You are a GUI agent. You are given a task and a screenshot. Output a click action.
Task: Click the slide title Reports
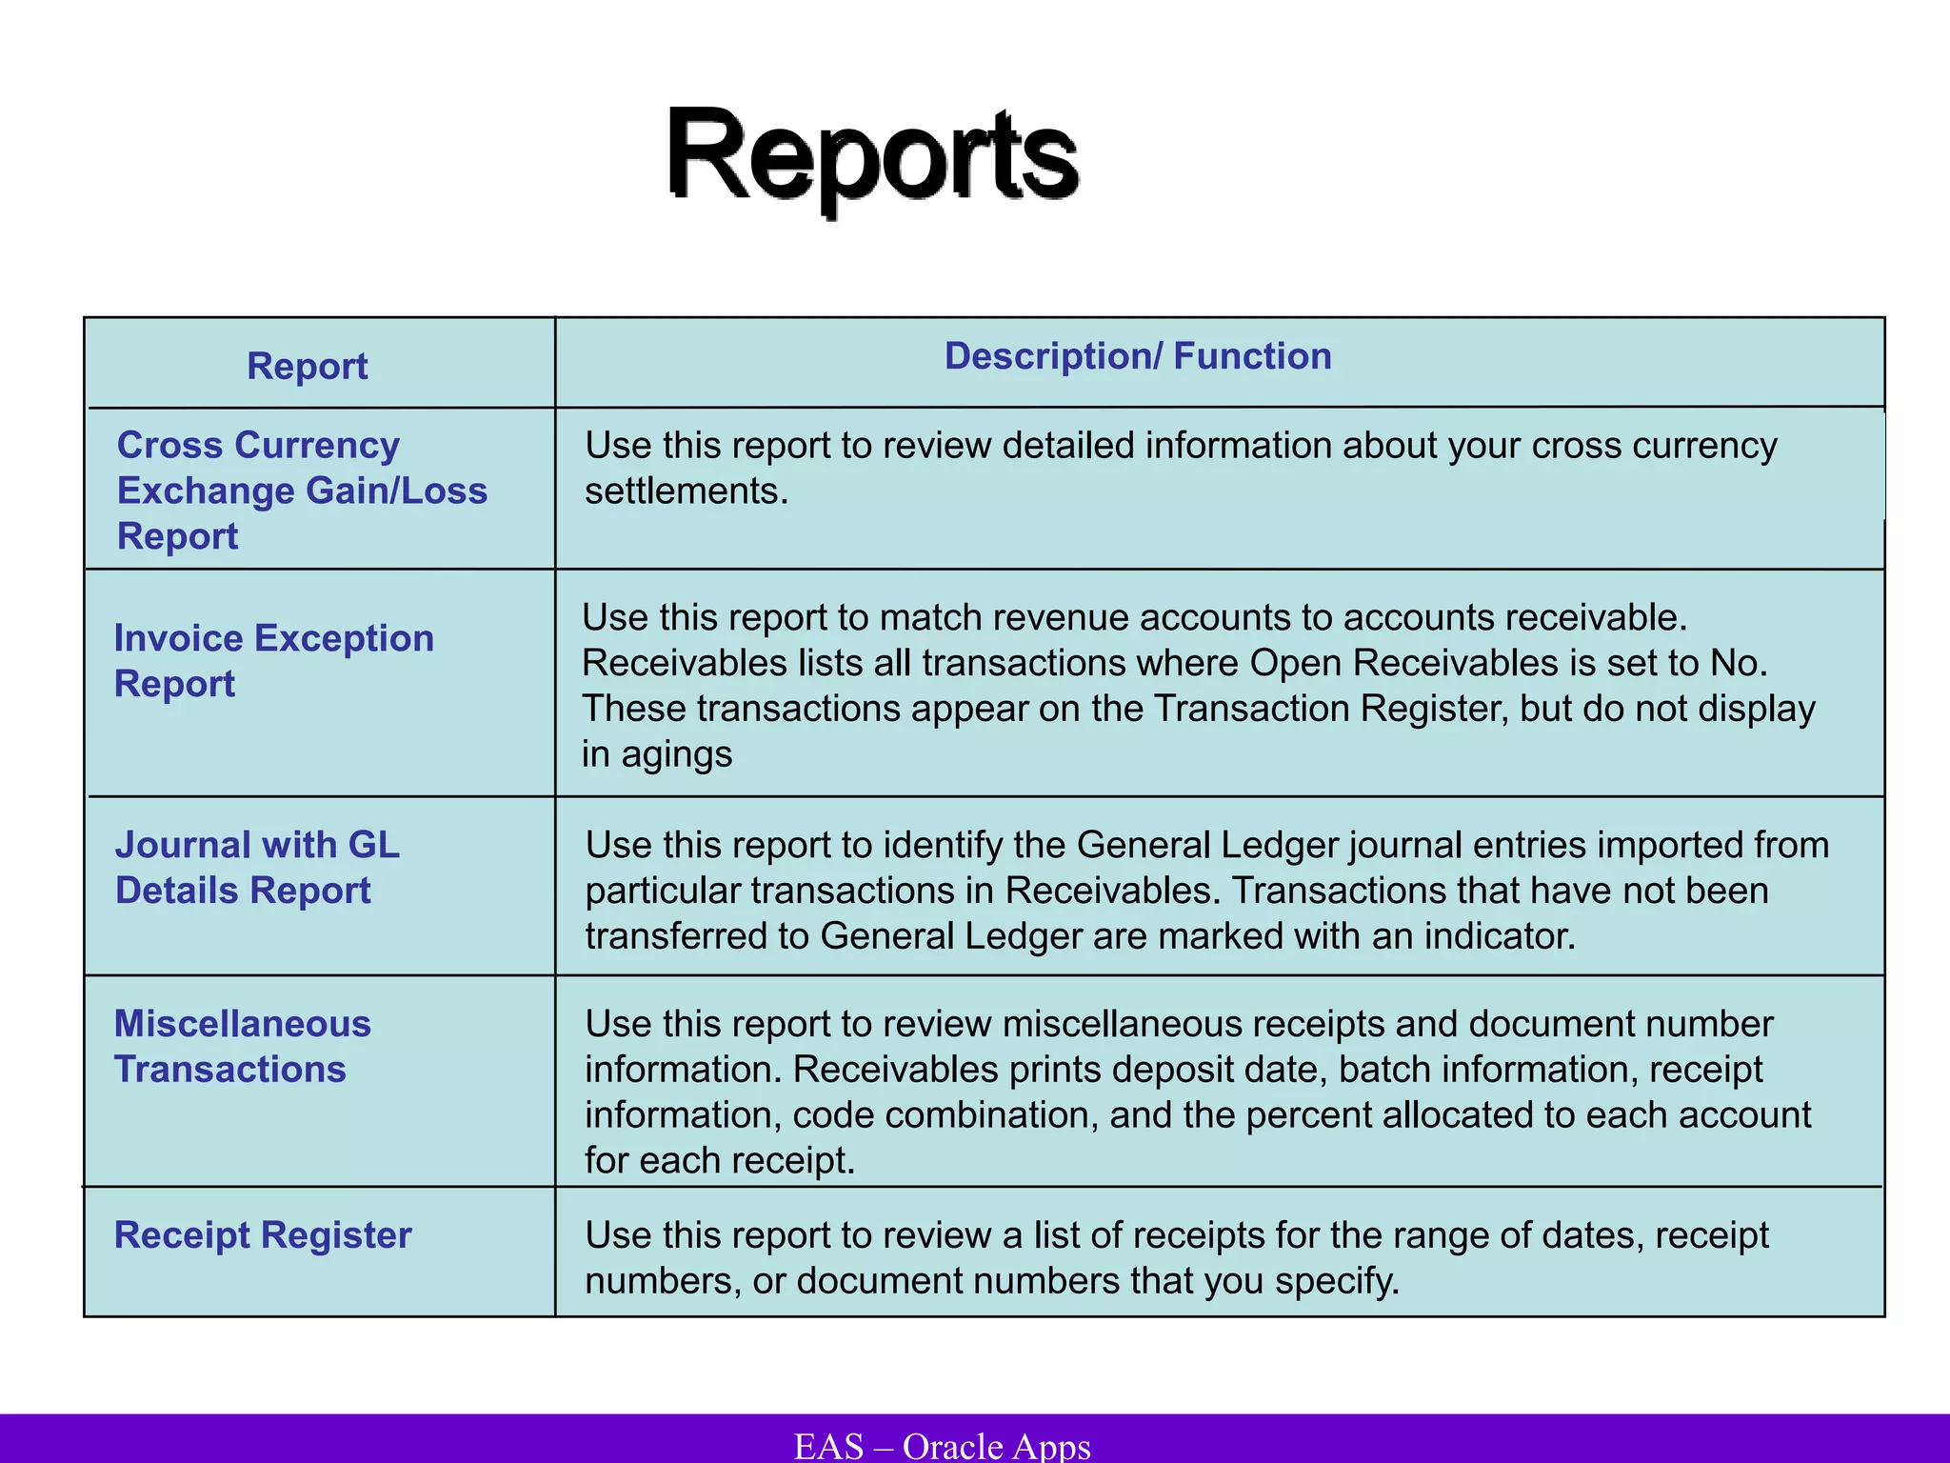(x=871, y=154)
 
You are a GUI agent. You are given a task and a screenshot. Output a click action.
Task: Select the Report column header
(x=307, y=367)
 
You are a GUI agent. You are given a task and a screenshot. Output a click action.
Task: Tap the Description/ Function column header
(x=1138, y=356)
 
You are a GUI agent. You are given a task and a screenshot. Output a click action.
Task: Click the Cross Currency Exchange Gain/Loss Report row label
(x=302, y=491)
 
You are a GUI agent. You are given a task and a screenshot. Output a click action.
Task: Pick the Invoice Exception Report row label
(x=273, y=661)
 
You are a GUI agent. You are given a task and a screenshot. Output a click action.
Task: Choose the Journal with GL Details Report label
(x=257, y=868)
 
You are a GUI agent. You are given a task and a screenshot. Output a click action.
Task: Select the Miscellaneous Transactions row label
(x=242, y=1047)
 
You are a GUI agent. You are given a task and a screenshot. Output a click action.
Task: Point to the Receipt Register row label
(x=263, y=1235)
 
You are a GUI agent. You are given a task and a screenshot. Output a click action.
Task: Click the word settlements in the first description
(x=686, y=491)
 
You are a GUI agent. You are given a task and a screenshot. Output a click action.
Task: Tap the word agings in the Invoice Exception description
(x=676, y=755)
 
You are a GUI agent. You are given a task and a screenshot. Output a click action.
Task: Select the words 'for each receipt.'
(x=720, y=1161)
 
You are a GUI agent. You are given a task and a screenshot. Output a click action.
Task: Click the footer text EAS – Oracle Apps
(x=943, y=1446)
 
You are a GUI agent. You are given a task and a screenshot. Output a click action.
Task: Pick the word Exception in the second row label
(x=344, y=639)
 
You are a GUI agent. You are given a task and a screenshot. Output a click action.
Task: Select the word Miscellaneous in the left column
(x=242, y=1024)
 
